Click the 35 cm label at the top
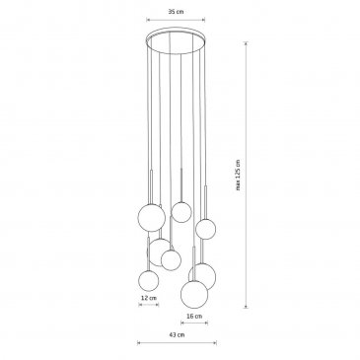point(176,12)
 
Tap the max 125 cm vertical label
point(238,175)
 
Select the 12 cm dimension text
point(149,298)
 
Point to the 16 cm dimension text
point(194,317)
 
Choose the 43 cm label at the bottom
point(177,335)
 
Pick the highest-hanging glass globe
point(181,212)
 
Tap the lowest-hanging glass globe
point(194,294)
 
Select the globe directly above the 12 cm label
point(149,281)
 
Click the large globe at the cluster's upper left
point(152,218)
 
